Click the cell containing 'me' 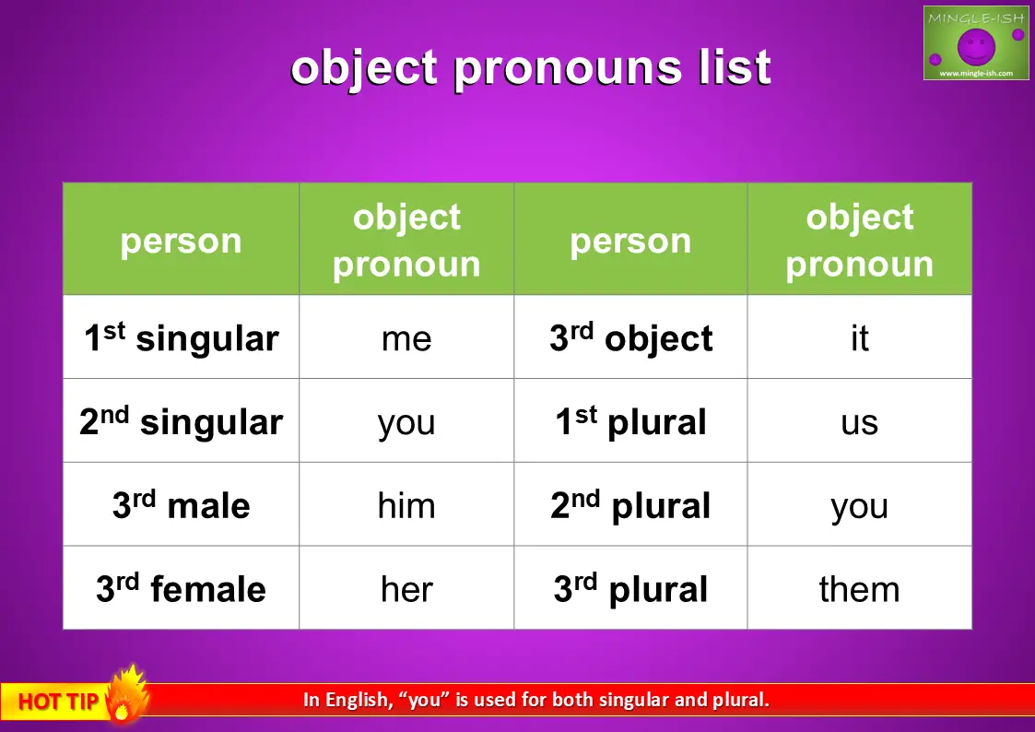tap(406, 336)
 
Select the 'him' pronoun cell tap(406, 504)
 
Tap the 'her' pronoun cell tap(406, 587)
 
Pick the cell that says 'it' tap(859, 336)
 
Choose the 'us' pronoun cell tap(859, 420)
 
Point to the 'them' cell tap(859, 587)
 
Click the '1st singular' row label tap(182, 336)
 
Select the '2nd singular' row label tap(182, 420)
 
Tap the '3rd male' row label tap(182, 504)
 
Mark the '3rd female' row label tap(182, 587)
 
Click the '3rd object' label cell tap(631, 336)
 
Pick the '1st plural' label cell tap(631, 420)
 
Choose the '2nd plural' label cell tap(631, 504)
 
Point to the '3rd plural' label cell tap(631, 587)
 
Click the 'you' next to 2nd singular tap(406, 420)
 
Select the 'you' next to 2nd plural tap(859, 504)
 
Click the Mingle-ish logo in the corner tap(976, 43)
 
